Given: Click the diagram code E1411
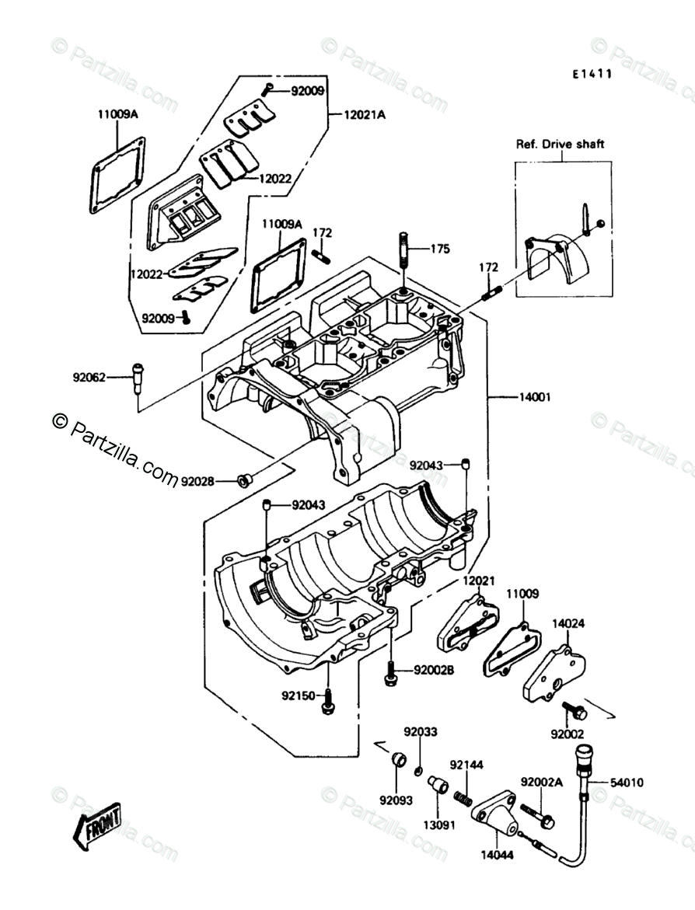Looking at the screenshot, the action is (x=592, y=75).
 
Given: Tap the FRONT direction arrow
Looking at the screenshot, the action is (x=96, y=826).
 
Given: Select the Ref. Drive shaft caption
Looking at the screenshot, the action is (x=561, y=144).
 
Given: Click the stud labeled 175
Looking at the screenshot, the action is (x=403, y=250).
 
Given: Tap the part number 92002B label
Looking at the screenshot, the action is (x=434, y=671).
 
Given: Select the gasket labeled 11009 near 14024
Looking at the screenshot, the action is (x=512, y=649).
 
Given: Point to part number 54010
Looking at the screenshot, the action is (x=627, y=783).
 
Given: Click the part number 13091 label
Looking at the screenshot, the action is (x=438, y=825).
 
